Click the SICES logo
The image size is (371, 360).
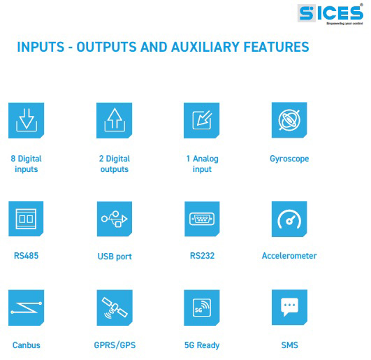pos(330,14)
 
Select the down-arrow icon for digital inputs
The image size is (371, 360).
pos(27,120)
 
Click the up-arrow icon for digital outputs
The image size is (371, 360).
pos(115,120)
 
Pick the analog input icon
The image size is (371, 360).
pos(202,120)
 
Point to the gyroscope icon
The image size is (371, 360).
pos(289,120)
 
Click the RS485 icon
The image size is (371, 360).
pos(26,219)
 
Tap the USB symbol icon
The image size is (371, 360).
pos(115,219)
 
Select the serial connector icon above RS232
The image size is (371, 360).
pos(202,219)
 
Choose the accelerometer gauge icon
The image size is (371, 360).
pos(289,219)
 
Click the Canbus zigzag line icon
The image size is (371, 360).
pos(27,308)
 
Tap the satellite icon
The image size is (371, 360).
pos(115,308)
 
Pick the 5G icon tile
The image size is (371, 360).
pos(202,308)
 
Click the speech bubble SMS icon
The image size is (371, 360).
pos(290,307)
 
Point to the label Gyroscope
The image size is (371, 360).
pos(289,159)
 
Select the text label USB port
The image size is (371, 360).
pos(115,257)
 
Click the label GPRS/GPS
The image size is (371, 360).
pos(115,345)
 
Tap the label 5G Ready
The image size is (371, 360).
pos(202,345)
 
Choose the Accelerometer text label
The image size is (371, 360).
pos(289,256)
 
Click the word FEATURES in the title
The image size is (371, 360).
pos(277,47)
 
